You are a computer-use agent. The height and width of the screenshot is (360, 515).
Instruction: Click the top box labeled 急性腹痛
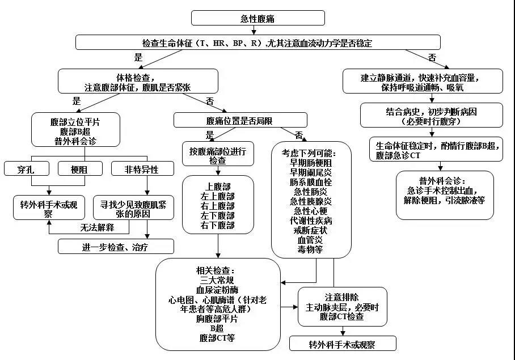click(x=257, y=18)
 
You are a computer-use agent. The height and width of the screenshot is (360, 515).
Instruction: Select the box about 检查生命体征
click(x=257, y=43)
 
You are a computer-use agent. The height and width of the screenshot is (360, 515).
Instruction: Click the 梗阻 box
click(x=80, y=168)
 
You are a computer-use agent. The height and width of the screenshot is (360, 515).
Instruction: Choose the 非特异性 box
click(x=142, y=168)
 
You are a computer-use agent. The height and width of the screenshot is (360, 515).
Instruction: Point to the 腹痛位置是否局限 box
click(x=240, y=120)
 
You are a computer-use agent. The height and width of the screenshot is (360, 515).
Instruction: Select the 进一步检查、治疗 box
click(x=116, y=246)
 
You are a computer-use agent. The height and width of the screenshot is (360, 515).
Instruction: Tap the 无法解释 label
click(x=97, y=227)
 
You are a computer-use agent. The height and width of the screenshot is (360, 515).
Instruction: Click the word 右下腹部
click(x=218, y=225)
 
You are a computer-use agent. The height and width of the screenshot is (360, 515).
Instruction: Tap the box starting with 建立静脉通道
click(x=423, y=81)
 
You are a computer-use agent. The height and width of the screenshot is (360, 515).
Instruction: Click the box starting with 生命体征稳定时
click(x=436, y=149)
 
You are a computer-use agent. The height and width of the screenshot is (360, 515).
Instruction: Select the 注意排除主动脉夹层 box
click(x=343, y=306)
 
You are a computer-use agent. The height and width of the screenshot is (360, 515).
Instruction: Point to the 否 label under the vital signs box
click(x=432, y=57)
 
